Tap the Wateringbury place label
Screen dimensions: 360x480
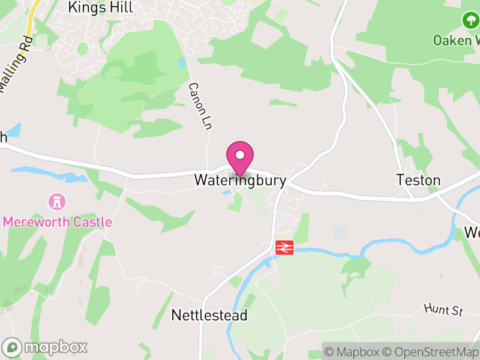click(x=240, y=180)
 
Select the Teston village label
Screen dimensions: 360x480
click(x=418, y=180)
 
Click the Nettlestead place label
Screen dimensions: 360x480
click(x=209, y=315)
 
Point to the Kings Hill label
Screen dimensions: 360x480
click(x=100, y=7)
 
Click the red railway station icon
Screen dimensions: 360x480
click(x=284, y=247)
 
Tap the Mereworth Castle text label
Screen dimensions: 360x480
click(x=58, y=222)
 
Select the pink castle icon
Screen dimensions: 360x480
click(x=58, y=200)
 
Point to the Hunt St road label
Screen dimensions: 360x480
click(x=444, y=310)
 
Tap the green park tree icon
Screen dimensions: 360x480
click(x=470, y=20)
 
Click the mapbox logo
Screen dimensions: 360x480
click(x=45, y=347)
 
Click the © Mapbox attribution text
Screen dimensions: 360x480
click(x=352, y=352)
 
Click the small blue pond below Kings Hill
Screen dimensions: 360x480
click(x=182, y=63)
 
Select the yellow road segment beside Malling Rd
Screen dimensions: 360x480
click(x=31, y=21)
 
